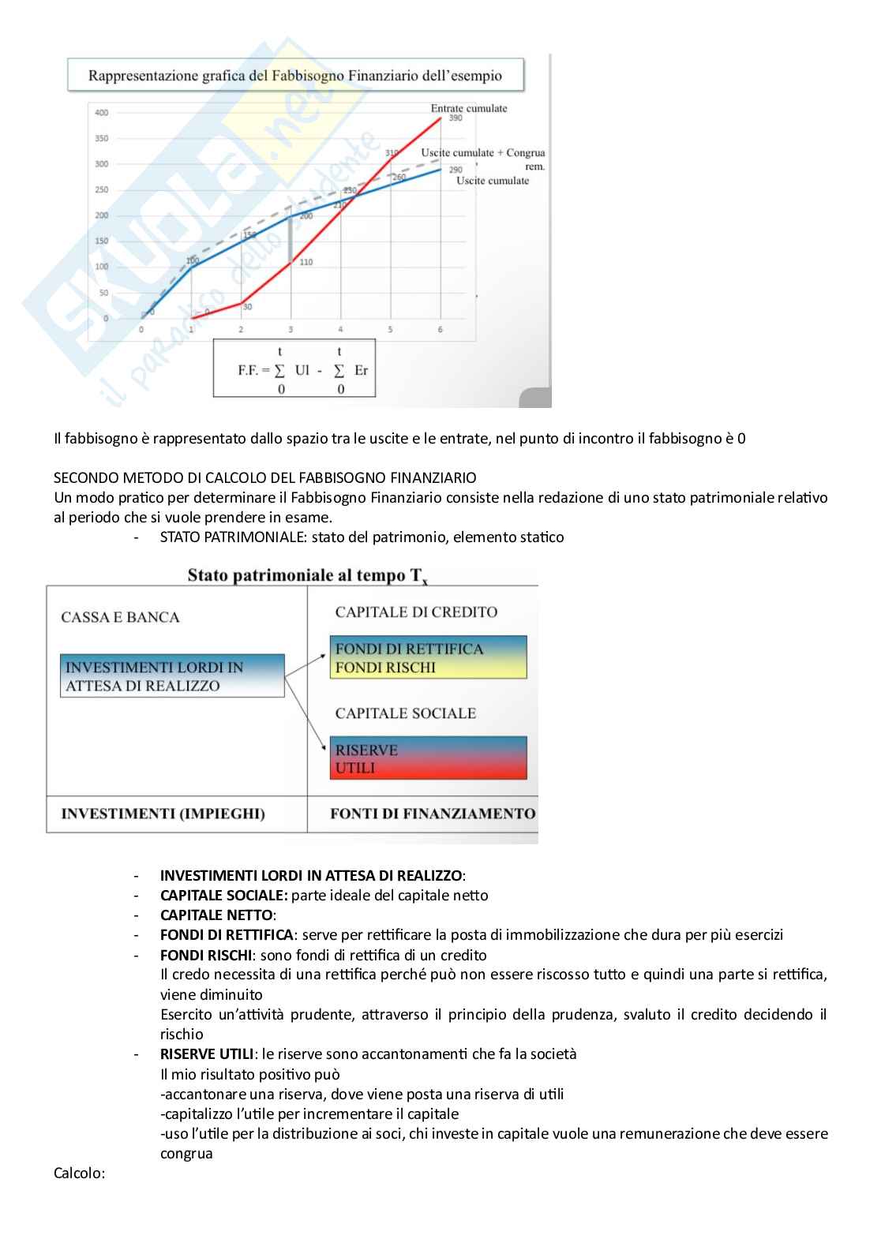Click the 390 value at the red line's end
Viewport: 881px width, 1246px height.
[x=455, y=118]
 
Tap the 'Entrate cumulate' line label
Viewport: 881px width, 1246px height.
[x=468, y=108]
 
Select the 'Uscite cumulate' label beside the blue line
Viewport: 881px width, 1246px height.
[x=492, y=181]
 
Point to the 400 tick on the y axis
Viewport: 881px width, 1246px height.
[x=102, y=113]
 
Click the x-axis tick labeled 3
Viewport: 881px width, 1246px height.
[x=291, y=329]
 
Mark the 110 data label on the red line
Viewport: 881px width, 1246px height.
[x=306, y=262]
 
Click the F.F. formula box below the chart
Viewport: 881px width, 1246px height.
[x=294, y=369]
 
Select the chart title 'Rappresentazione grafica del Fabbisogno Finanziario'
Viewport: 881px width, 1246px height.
[x=294, y=77]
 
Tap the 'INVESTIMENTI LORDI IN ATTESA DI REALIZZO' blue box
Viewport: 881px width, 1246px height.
[x=171, y=676]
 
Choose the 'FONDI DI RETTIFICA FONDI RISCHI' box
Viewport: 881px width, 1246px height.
[x=427, y=658]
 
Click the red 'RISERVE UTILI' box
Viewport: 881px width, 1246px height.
[x=427, y=758]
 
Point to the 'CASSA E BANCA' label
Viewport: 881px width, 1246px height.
[x=120, y=617]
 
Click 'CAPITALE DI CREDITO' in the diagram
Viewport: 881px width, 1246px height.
[x=416, y=612]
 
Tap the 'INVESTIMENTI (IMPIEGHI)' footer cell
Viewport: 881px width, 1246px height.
[x=163, y=814]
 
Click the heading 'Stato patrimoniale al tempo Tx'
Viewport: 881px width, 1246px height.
[x=307, y=575]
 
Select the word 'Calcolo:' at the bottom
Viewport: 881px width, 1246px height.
[x=79, y=1173]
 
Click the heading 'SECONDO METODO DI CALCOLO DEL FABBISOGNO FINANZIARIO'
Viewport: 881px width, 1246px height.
[x=264, y=478]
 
